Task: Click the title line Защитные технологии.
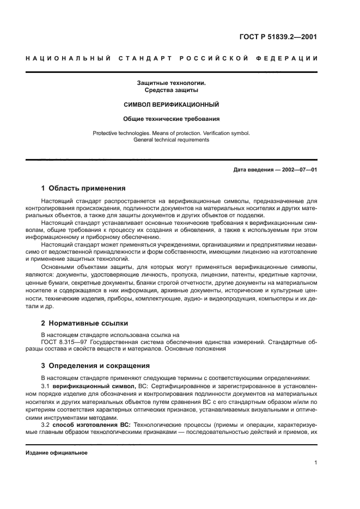point(171,83)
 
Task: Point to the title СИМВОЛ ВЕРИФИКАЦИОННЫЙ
point(171,104)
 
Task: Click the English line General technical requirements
point(171,140)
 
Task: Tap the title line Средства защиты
point(171,90)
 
